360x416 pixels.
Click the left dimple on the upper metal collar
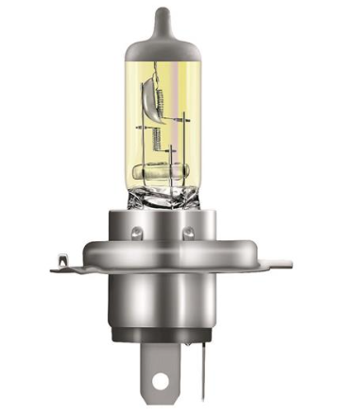[139, 229]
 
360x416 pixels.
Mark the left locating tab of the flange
[62, 260]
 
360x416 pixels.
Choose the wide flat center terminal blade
[157, 373]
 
